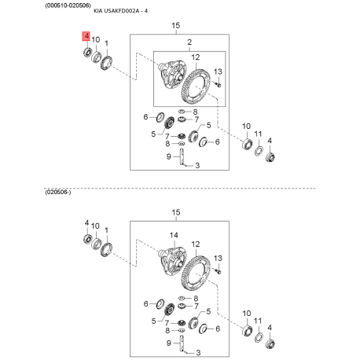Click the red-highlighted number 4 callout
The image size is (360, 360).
86,36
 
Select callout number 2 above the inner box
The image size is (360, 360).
189,42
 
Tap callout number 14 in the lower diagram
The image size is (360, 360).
174,235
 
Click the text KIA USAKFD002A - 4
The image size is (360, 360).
120,11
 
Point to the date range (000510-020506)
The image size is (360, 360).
68,6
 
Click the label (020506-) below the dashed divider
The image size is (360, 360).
58,193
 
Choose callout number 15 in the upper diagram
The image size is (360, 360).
176,25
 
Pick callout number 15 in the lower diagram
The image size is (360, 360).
176,212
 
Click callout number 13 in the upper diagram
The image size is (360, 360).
218,72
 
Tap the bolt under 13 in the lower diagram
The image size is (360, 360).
219,271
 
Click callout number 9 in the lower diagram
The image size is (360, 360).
169,343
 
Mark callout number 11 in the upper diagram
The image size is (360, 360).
258,134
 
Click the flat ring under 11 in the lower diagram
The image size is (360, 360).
259,337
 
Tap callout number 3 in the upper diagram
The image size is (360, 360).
197,165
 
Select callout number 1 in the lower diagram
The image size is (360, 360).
106,230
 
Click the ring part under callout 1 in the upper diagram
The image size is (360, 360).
107,63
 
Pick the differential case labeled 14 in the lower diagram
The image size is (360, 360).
172,260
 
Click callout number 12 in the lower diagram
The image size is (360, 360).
196,244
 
